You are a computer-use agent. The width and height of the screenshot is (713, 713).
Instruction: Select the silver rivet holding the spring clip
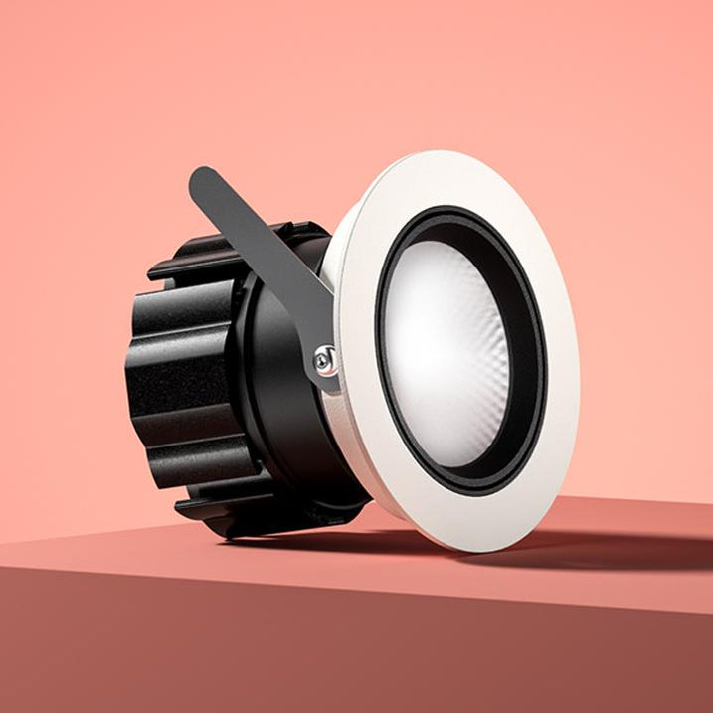pyautogui.click(x=325, y=361)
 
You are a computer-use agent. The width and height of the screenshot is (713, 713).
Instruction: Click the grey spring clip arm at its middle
pyautogui.click(x=264, y=249)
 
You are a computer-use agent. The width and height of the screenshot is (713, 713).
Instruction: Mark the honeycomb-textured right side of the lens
pyautogui.click(x=487, y=358)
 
